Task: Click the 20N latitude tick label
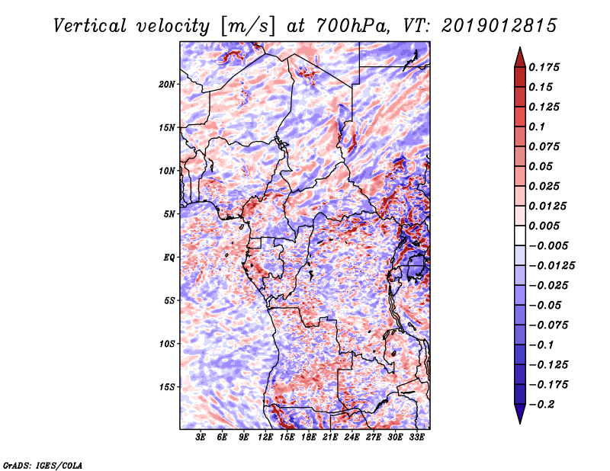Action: [x=168, y=84]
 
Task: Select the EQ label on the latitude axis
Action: [x=169, y=258]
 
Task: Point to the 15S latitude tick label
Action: [x=168, y=387]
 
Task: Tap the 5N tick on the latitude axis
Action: [x=170, y=214]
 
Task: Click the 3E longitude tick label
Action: [x=201, y=437]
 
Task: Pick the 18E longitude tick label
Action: [x=310, y=437]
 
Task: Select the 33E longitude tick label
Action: [x=417, y=437]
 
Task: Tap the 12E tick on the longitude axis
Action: [x=266, y=437]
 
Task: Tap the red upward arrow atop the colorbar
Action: [x=518, y=55]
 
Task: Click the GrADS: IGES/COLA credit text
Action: [x=42, y=464]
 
